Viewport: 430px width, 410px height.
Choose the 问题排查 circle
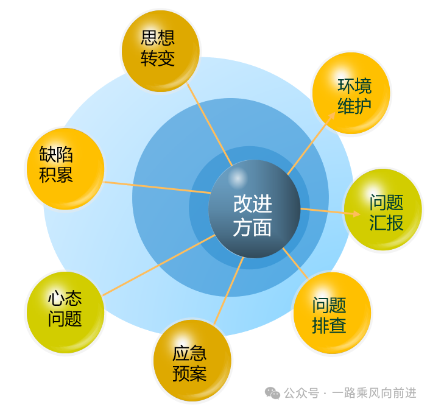pyautogui.click(x=333, y=314)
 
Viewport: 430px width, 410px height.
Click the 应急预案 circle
pyautogui.click(x=192, y=361)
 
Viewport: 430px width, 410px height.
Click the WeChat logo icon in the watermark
pyautogui.click(x=272, y=394)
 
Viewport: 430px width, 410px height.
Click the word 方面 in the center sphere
pyautogui.click(x=252, y=227)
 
